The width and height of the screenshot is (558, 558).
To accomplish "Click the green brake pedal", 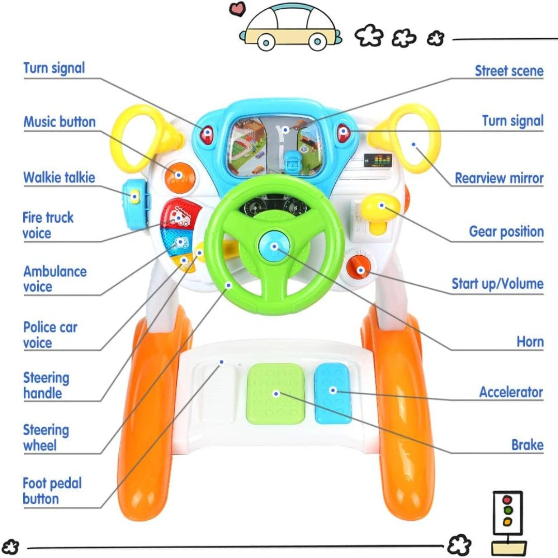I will (x=275, y=393).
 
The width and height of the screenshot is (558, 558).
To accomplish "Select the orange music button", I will (x=179, y=176).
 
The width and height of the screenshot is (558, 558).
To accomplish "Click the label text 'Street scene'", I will (x=509, y=71).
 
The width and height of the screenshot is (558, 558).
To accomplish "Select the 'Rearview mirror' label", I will (x=499, y=178).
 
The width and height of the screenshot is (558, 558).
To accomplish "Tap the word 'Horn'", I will (x=530, y=342).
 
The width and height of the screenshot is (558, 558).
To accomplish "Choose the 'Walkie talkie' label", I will (x=59, y=178).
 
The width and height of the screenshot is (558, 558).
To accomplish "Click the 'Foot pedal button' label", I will (x=52, y=491).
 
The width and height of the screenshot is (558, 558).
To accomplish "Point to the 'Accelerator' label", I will (x=510, y=392).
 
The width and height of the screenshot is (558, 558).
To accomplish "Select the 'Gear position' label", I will (x=506, y=231).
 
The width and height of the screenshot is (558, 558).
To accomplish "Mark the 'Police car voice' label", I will (x=50, y=335).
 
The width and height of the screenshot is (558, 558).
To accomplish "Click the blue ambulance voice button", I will (x=180, y=241).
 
